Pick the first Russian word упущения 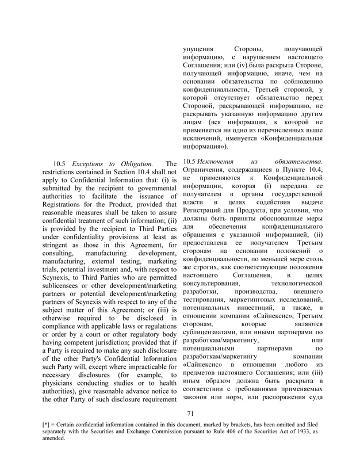pyautogui.click(x=197, y=49)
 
